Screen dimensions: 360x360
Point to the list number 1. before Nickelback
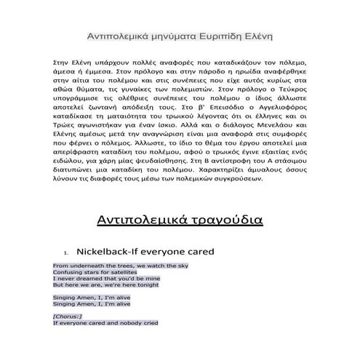pos(66,252)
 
